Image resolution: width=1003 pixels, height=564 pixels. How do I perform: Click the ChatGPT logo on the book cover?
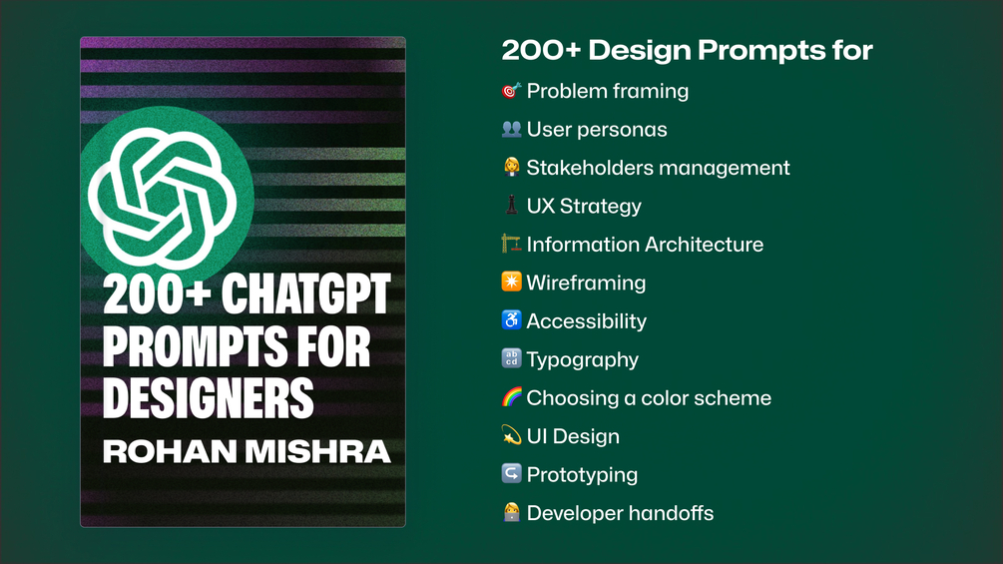click(x=162, y=199)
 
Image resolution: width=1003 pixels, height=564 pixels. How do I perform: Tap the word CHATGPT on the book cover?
click(x=305, y=293)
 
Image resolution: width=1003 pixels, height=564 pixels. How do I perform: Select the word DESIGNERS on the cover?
click(x=208, y=397)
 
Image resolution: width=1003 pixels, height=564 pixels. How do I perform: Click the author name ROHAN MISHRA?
click(x=247, y=451)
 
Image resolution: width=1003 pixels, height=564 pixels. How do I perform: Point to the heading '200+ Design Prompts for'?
click(x=687, y=50)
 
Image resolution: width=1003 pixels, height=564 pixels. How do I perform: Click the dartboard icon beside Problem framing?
click(x=511, y=91)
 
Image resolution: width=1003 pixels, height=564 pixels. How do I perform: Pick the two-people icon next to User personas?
click(x=511, y=129)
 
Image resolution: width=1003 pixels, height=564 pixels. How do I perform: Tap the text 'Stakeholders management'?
click(x=659, y=168)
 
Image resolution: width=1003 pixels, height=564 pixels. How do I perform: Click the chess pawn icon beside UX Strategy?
click(x=511, y=206)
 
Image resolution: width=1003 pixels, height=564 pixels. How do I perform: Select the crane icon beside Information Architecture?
click(x=511, y=244)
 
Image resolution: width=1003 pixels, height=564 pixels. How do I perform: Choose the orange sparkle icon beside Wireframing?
click(x=511, y=282)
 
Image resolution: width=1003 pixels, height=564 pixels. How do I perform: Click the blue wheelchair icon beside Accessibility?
click(x=511, y=320)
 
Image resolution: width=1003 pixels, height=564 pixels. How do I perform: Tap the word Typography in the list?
click(x=583, y=360)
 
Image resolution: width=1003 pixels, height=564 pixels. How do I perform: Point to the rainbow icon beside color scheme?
click(x=511, y=397)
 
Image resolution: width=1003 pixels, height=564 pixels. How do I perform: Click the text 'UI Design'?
click(x=573, y=436)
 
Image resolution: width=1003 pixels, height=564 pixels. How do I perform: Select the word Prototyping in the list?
click(x=582, y=475)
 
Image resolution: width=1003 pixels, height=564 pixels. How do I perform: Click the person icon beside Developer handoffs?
click(x=511, y=512)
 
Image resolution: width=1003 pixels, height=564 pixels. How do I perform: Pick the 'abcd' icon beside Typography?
click(x=511, y=358)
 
